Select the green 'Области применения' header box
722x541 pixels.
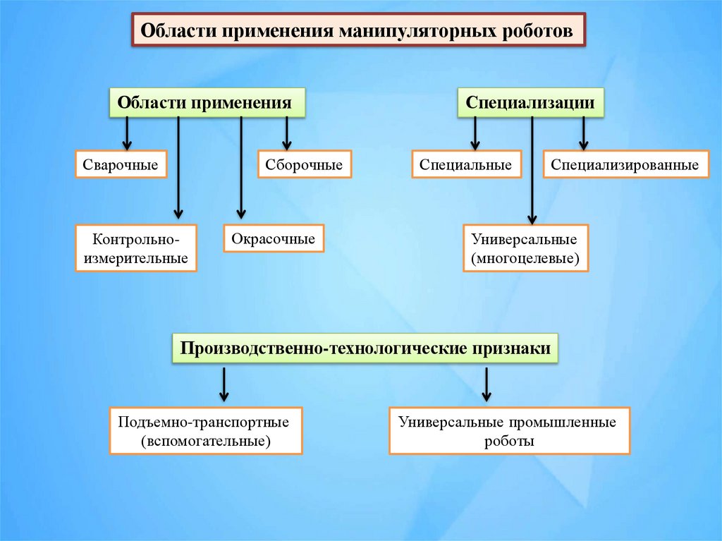tap(205, 102)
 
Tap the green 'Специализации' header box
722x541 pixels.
tap(531, 102)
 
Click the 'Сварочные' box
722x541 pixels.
tap(120, 165)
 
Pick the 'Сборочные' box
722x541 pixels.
tap(304, 165)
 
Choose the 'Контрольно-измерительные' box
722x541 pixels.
tap(135, 248)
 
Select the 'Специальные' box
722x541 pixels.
tap(465, 165)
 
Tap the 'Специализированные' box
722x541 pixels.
tap(625, 165)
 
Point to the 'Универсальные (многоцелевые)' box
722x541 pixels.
tap(525, 248)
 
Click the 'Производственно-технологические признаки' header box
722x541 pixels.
tap(366, 349)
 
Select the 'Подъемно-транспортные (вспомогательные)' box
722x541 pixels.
tap(205, 430)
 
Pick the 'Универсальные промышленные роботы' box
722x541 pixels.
tap(508, 430)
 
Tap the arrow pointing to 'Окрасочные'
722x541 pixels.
tap(241, 169)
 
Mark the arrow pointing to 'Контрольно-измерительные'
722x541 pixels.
tap(178, 169)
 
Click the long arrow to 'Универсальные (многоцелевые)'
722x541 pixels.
tap(532, 169)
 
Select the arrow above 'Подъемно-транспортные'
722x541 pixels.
tap(224, 384)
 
